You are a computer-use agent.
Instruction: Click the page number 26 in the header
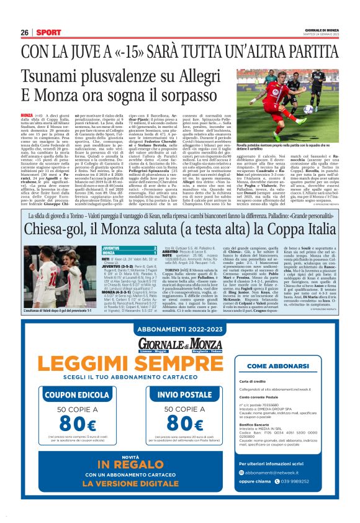(x=24, y=32)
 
